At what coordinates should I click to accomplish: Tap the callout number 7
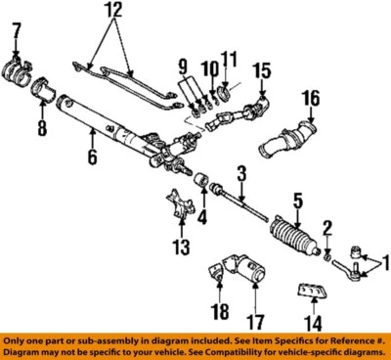pos(15,38)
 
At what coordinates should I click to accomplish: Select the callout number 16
pos(310,98)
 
